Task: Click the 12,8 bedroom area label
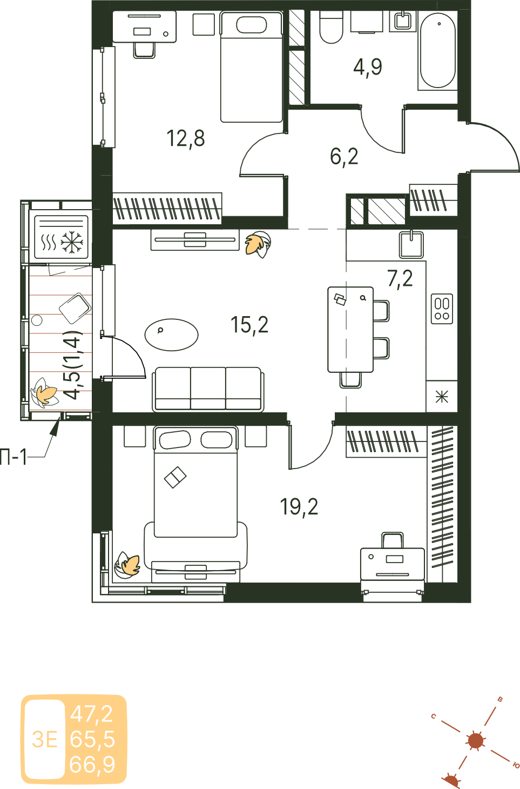tap(186, 138)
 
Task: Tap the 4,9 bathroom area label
tap(368, 67)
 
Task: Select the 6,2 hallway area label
tap(344, 157)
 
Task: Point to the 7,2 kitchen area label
tap(400, 279)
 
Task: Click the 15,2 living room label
tap(249, 325)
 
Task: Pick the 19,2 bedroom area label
tap(299, 507)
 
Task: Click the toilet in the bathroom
tap(331, 27)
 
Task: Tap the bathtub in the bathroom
tap(437, 51)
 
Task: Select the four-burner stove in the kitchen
tap(442, 309)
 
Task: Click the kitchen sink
tap(411, 244)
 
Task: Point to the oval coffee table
tap(172, 335)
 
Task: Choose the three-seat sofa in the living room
tap(208, 389)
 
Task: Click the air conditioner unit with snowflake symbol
tap(61, 237)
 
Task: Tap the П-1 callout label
tap(13, 457)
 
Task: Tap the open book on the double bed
tap(175, 477)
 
